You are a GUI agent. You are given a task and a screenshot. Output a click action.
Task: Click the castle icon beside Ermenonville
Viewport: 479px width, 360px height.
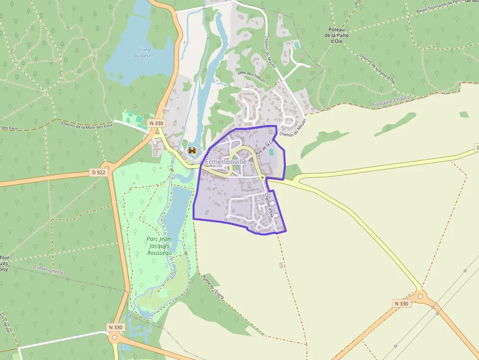click(193, 151)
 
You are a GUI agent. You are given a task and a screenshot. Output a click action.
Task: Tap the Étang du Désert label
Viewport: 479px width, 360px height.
click(144, 52)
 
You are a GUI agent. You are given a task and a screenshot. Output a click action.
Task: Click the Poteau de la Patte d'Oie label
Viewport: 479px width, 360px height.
click(336, 35)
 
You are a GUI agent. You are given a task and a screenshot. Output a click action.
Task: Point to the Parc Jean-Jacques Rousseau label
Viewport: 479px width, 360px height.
click(159, 246)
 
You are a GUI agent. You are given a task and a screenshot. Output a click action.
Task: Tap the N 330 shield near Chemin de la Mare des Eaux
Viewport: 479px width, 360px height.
click(155, 123)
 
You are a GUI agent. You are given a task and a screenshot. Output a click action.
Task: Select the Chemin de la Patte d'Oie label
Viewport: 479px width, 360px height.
click(377, 68)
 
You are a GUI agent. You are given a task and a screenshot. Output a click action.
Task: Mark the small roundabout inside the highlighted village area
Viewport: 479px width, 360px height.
click(262, 177)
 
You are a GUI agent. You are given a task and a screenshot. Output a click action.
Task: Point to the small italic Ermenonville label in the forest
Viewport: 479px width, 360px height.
click(49, 269)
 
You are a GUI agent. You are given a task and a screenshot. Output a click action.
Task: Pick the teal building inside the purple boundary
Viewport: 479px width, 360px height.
click(271, 152)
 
